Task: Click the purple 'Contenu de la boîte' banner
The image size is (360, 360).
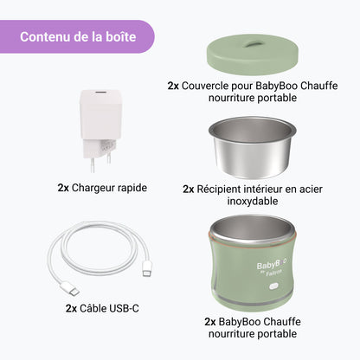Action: (x=77, y=36)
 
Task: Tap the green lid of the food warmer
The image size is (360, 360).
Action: (x=252, y=55)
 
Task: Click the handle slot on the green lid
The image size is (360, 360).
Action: (x=254, y=44)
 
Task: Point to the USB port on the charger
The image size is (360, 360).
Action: (x=99, y=93)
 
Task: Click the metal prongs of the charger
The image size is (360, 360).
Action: (x=100, y=164)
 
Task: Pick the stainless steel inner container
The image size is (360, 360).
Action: (x=252, y=147)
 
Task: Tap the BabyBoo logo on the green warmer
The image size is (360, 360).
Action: (x=271, y=266)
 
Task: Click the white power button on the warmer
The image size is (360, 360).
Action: (x=273, y=286)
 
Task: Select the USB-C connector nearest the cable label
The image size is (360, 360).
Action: (x=69, y=289)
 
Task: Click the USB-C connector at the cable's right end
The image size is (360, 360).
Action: (x=147, y=269)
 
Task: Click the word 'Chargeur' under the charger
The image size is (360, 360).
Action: (x=91, y=188)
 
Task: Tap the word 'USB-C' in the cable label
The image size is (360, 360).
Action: (x=124, y=308)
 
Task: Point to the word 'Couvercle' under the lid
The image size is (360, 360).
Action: (x=204, y=86)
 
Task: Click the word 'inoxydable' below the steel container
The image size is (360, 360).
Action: (x=253, y=201)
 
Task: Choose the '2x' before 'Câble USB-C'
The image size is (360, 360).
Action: (x=71, y=309)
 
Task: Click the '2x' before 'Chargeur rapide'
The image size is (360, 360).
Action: (x=63, y=188)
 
